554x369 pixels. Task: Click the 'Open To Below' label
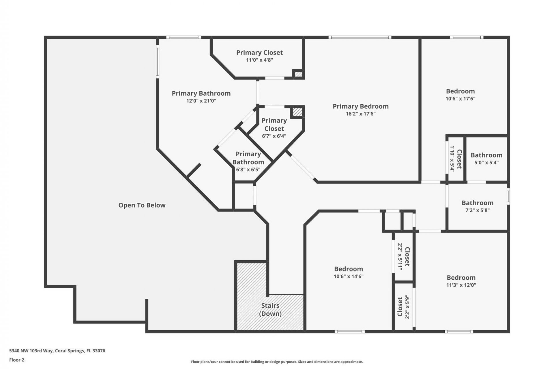point(142,205)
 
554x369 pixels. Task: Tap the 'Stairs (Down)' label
point(270,310)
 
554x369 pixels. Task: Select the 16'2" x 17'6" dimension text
point(360,114)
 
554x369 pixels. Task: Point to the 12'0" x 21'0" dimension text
point(201,101)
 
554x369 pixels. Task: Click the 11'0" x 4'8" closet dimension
point(259,60)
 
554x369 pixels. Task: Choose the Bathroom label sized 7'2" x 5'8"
point(477,203)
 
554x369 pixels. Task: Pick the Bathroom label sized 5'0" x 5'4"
point(486,155)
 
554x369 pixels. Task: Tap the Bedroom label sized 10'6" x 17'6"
point(460,91)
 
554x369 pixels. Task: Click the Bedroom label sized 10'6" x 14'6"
point(349,269)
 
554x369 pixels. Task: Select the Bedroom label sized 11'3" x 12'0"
point(461,278)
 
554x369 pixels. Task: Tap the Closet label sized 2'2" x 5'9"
point(400,307)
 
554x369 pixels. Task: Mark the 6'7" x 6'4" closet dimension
point(274,136)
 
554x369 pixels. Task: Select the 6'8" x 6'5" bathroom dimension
point(248,170)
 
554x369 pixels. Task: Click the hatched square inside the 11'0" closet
point(298,74)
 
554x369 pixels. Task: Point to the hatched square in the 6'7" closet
point(297,112)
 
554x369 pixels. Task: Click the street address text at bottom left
point(57,351)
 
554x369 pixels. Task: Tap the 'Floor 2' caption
point(17,360)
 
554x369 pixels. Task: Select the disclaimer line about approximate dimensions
point(277,362)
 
